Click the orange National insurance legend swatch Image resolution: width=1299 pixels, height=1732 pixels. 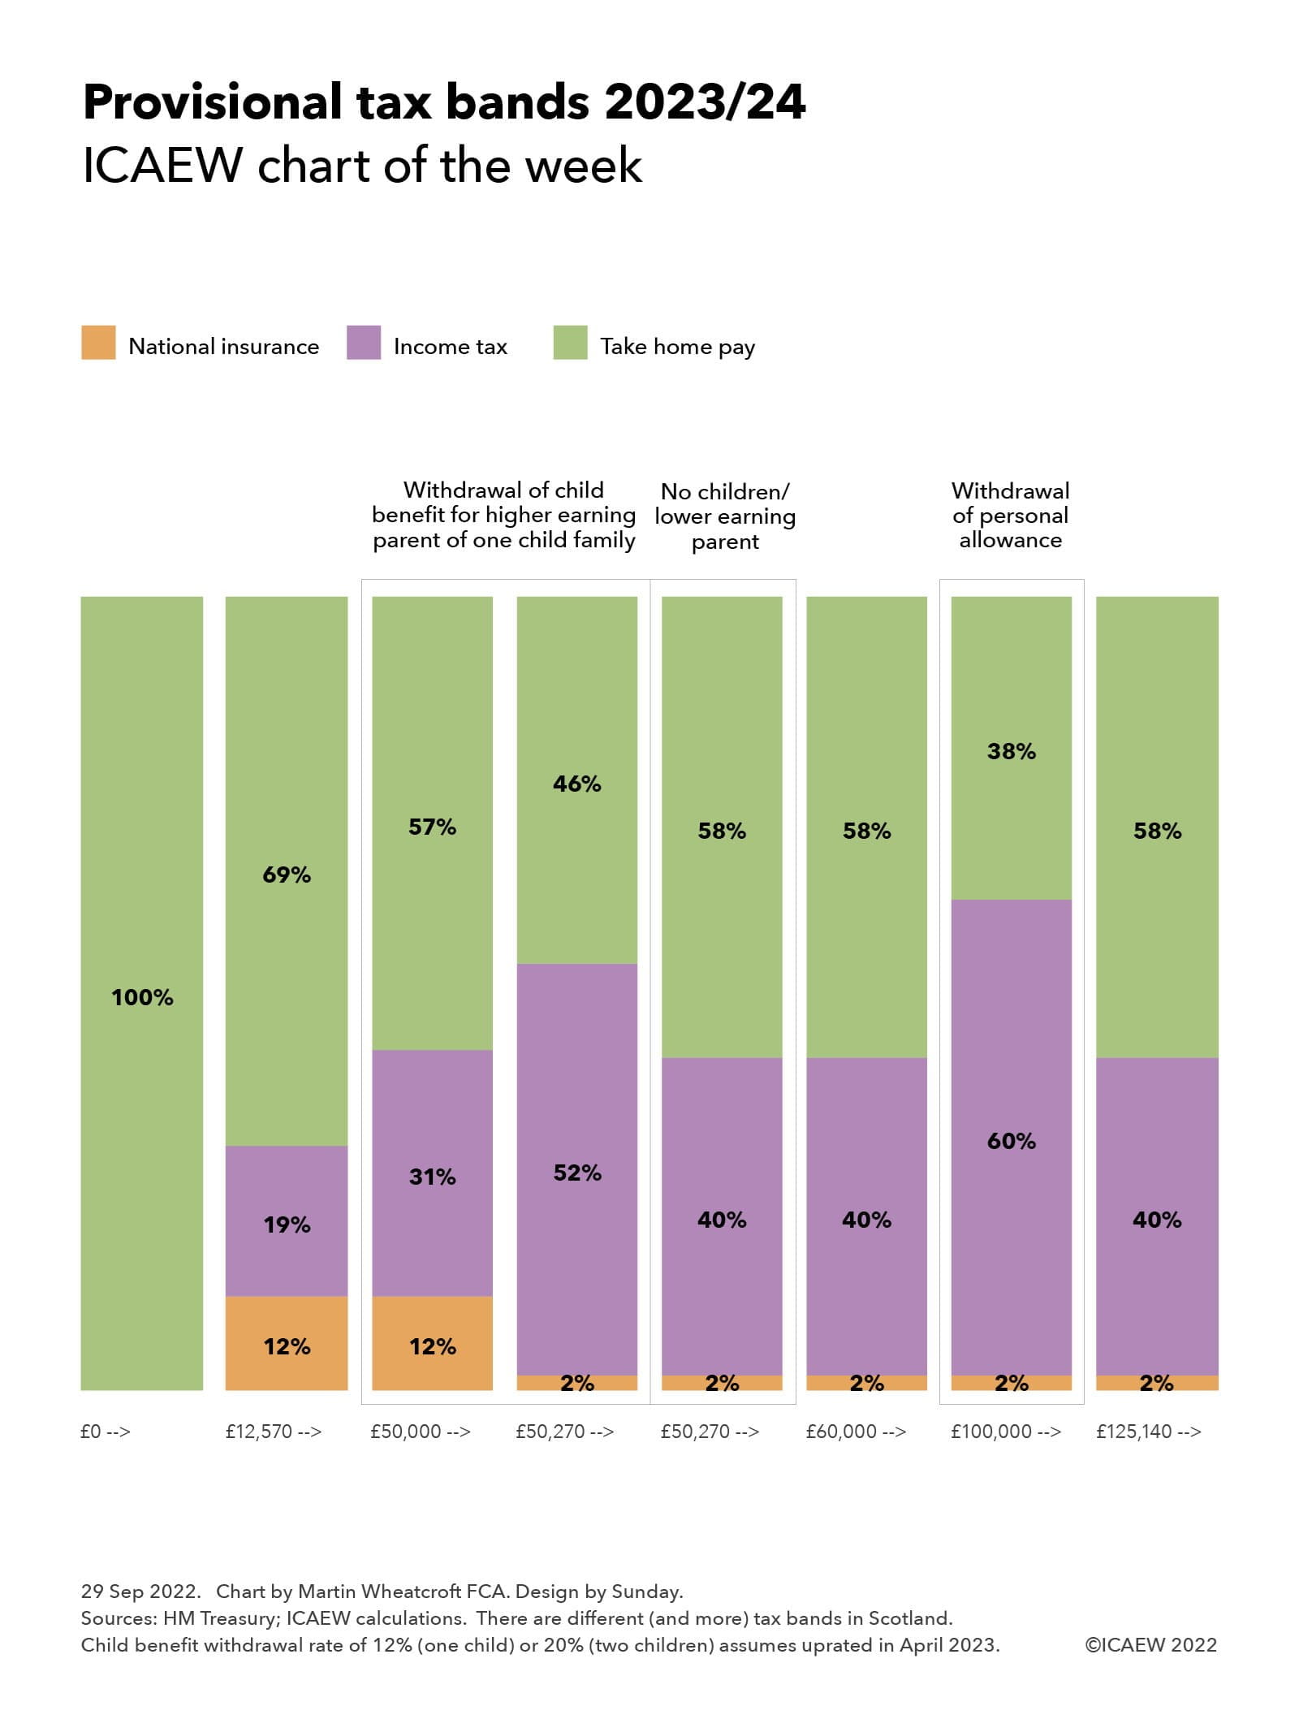[x=98, y=343]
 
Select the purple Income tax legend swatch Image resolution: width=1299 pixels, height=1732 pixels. [x=363, y=343]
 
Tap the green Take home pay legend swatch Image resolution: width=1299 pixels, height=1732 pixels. [x=570, y=343]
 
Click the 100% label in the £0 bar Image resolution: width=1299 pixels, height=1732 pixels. [x=142, y=998]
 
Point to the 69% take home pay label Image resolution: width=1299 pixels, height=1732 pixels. [x=287, y=875]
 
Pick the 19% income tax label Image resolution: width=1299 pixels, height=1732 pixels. [x=287, y=1224]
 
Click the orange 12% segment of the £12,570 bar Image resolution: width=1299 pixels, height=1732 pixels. [x=287, y=1346]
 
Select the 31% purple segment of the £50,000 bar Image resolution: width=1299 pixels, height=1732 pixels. [x=432, y=1176]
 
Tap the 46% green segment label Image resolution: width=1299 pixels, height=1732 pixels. [x=577, y=784]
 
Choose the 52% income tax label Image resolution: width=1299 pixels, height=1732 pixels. [x=577, y=1173]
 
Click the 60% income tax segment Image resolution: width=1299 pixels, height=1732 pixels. [x=1012, y=1141]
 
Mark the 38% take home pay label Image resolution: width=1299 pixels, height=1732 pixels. [x=1012, y=751]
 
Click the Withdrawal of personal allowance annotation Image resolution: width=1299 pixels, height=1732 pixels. [x=1010, y=516]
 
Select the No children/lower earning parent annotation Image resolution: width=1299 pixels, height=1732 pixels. [x=725, y=516]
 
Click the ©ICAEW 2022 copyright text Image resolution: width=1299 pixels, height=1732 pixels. [x=1150, y=1645]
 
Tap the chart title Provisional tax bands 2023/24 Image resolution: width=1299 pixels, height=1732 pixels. [x=444, y=102]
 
